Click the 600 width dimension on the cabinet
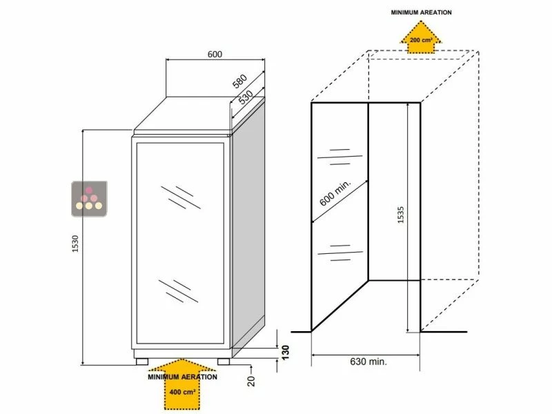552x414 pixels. tap(214, 55)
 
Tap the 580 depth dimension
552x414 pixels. tap(239, 81)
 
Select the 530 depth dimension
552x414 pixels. tap(245, 97)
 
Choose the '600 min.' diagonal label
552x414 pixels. tap(336, 194)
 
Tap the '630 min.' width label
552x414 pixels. tap(368, 361)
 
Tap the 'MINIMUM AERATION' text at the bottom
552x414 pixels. tap(182, 377)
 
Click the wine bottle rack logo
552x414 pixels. tap(90, 196)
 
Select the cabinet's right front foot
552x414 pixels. tap(224, 360)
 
